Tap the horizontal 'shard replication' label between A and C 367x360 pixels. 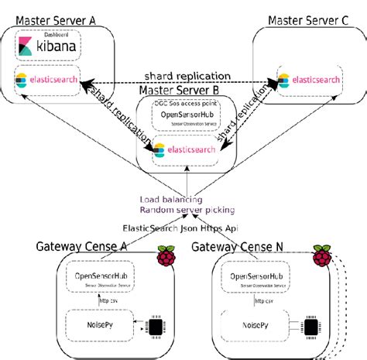[183, 74]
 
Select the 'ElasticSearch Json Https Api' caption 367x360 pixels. [183, 228]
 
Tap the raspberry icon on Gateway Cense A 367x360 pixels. [166, 257]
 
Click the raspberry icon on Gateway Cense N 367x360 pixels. [321, 257]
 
